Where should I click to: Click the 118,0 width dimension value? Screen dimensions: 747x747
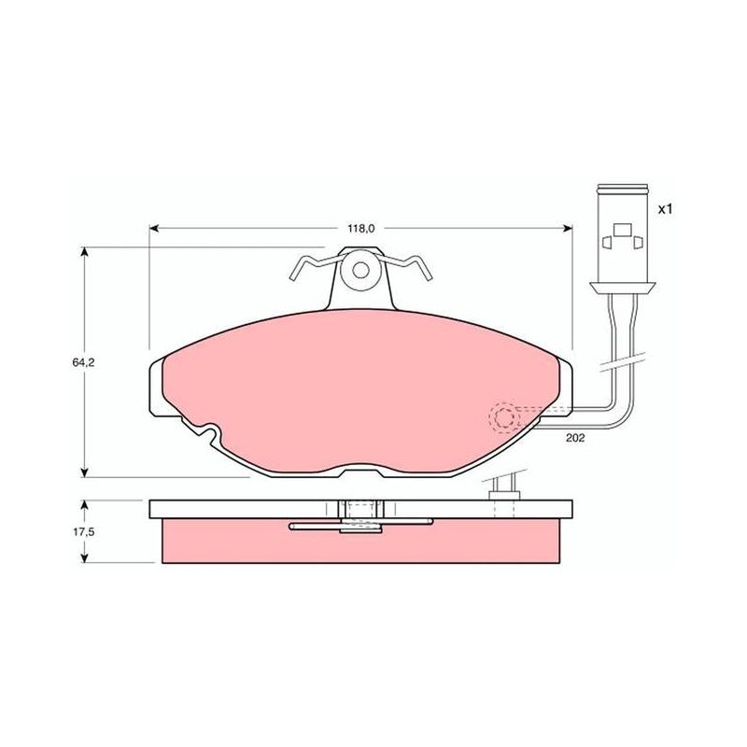(x=361, y=229)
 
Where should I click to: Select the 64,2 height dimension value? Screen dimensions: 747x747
(x=83, y=362)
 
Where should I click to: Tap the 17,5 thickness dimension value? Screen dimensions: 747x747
(x=83, y=532)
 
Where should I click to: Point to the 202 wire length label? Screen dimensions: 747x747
(x=575, y=438)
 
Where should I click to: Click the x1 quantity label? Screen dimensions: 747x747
(x=665, y=208)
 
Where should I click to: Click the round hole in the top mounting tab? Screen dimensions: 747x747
(x=360, y=271)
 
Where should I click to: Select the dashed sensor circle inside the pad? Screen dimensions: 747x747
(x=503, y=417)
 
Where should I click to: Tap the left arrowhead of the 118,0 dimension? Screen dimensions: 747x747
(x=153, y=229)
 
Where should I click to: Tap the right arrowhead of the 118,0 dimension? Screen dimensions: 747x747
(x=568, y=229)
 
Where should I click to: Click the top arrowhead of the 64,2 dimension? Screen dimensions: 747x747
(x=85, y=251)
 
